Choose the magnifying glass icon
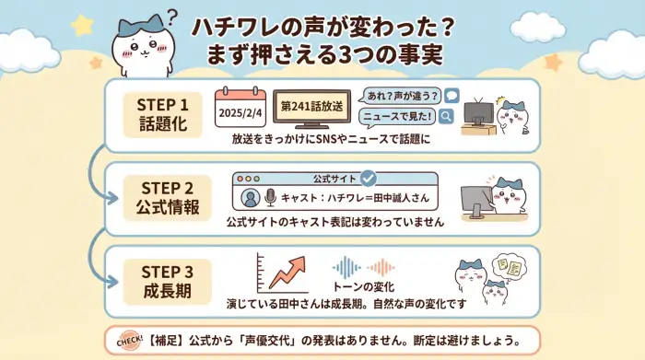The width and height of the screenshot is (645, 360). click(x=447, y=116)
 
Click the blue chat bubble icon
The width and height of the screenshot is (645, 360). click(x=451, y=95)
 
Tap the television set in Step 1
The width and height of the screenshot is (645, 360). click(x=477, y=112)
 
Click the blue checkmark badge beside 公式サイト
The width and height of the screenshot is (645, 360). click(x=369, y=178)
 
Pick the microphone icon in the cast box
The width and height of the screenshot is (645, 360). click(x=271, y=198)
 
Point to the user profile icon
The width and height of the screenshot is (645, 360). click(x=248, y=198)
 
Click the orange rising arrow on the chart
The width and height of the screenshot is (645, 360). click(x=286, y=271)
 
